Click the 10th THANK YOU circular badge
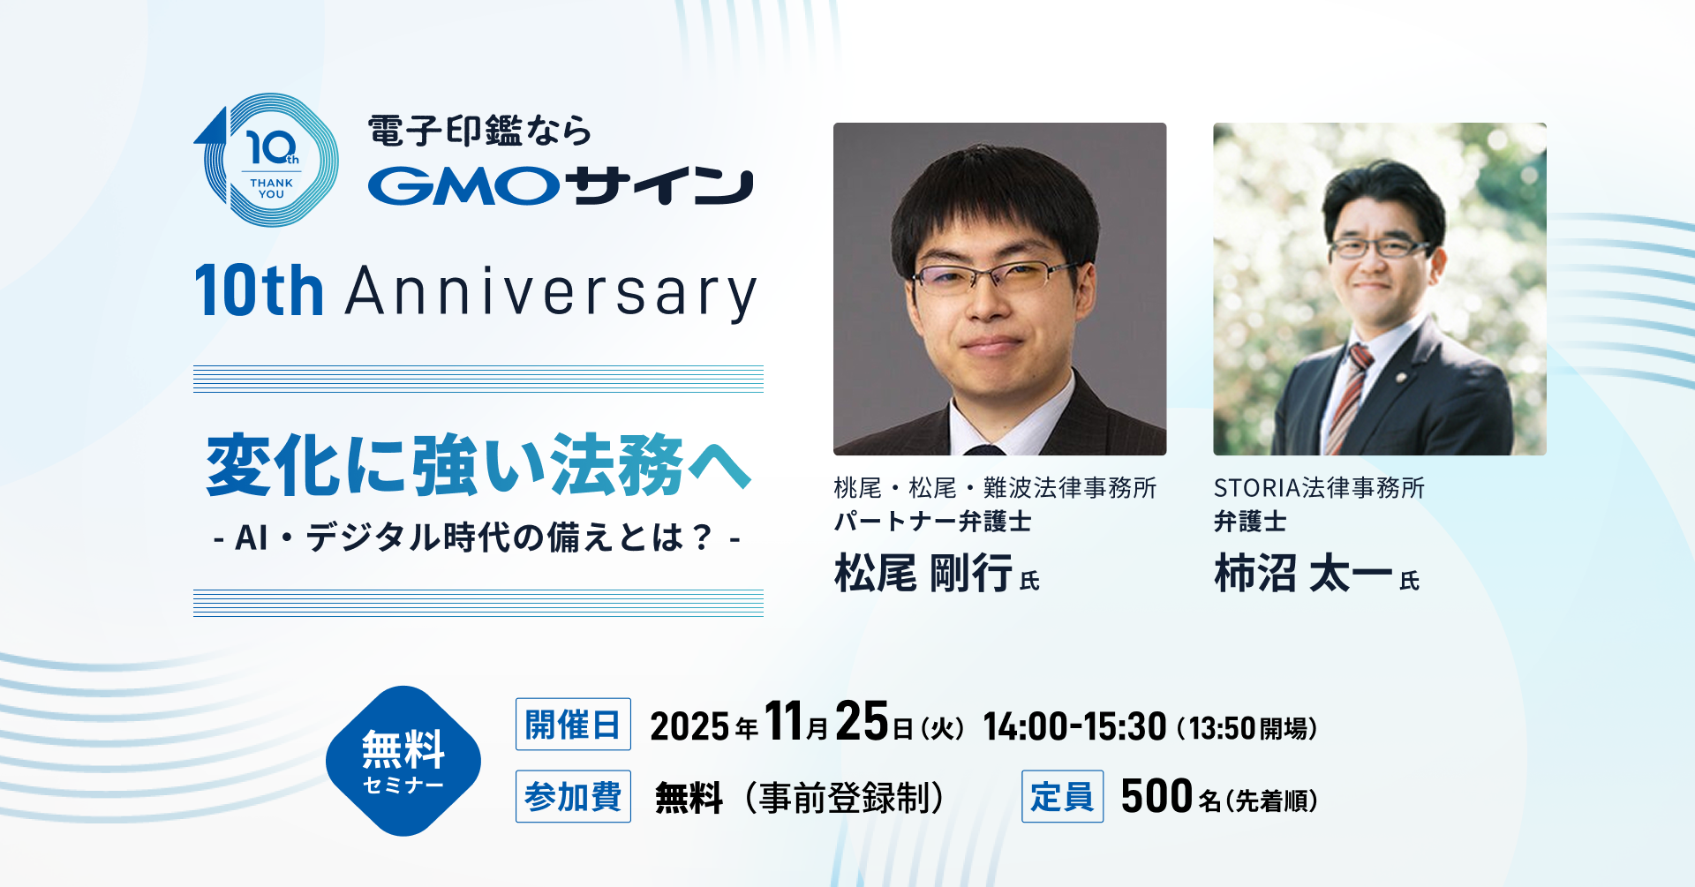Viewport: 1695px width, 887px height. [x=266, y=160]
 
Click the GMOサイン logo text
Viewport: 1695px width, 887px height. [x=561, y=186]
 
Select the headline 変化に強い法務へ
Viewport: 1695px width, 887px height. [x=478, y=465]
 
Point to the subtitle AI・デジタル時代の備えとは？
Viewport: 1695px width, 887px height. [x=477, y=537]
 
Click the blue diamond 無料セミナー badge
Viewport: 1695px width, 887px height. [x=403, y=761]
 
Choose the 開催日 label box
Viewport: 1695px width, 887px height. [x=573, y=725]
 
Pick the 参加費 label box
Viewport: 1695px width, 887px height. [x=573, y=797]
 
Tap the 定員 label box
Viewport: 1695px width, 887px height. [x=1062, y=797]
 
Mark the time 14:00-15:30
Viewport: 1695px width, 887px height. [x=1074, y=727]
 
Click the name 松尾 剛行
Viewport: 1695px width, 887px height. [x=923, y=574]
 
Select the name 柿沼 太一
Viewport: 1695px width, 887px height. [x=1303, y=574]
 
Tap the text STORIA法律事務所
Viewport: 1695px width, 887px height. [x=1319, y=488]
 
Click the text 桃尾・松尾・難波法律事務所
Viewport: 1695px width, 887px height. [x=995, y=488]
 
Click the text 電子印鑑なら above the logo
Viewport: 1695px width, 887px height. [x=479, y=131]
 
